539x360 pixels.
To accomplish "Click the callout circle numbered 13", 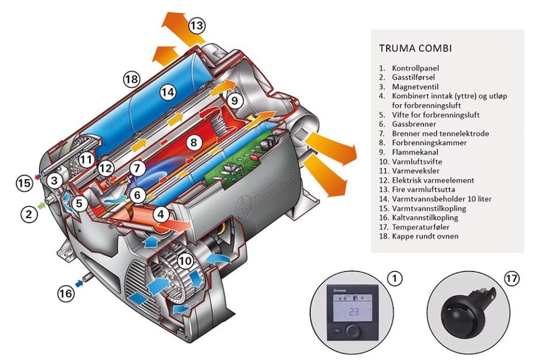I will (197, 25).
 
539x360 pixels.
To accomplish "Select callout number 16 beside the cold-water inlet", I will (66, 293).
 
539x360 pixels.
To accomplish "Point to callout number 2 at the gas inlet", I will (29, 214).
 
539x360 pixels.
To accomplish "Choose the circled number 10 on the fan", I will (185, 261).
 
